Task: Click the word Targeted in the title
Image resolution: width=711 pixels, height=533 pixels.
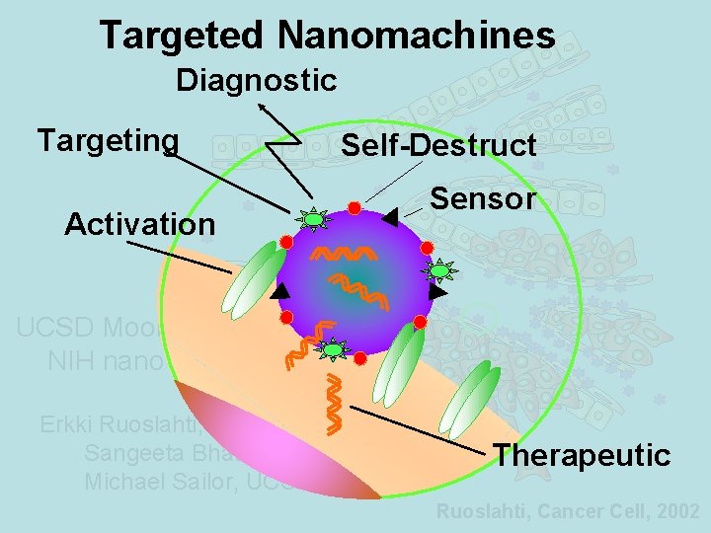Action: click(183, 36)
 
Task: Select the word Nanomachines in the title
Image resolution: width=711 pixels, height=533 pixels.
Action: click(416, 36)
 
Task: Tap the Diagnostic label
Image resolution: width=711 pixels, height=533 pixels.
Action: click(257, 80)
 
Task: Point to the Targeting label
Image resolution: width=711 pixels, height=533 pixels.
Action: click(108, 140)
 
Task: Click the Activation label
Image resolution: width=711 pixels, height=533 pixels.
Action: click(139, 224)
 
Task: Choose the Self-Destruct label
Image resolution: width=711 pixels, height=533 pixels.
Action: click(438, 146)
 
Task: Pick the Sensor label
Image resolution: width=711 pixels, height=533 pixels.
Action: click(483, 199)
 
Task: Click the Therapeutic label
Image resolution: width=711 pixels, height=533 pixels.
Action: click(582, 455)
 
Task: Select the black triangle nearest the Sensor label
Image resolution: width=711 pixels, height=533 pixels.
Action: click(391, 216)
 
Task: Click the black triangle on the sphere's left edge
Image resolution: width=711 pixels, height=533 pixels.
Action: click(280, 291)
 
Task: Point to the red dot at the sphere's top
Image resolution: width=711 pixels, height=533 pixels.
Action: click(354, 207)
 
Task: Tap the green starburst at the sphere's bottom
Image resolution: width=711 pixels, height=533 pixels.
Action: click(334, 349)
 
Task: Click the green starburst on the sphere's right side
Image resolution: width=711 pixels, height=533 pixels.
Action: click(437, 269)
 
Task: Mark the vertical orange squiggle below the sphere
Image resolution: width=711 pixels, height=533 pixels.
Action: click(337, 405)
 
